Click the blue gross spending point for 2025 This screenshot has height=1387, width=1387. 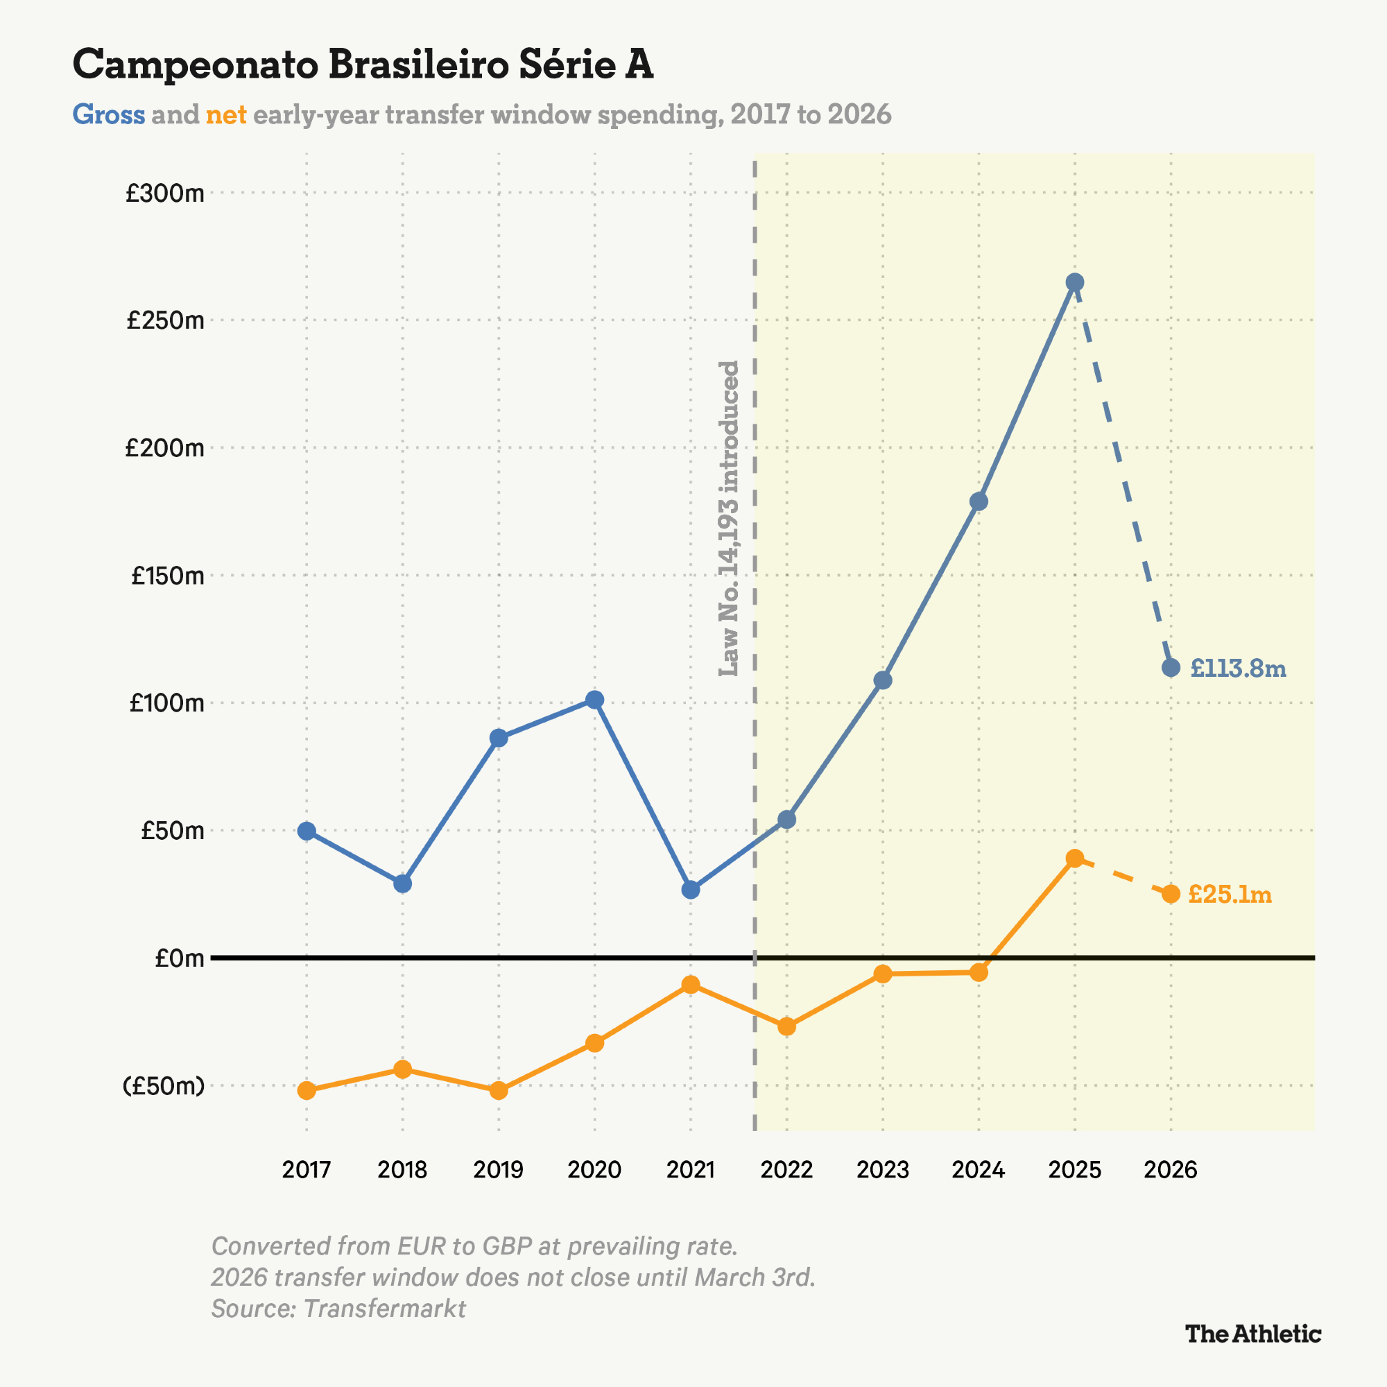1075,282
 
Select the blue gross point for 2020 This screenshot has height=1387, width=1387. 594,699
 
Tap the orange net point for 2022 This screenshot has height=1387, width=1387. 787,1026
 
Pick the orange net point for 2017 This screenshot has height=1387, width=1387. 307,1090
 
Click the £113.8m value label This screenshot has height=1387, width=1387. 1238,669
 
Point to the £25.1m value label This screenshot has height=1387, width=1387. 1230,895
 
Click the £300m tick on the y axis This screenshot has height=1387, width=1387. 165,193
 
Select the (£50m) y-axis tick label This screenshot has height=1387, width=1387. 164,1085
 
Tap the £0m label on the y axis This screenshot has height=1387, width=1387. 180,958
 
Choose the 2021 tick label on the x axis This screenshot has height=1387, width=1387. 691,1169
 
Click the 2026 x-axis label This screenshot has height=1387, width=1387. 1170,1169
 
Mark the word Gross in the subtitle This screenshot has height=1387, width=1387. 108,114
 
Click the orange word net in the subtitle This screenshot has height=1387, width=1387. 226,114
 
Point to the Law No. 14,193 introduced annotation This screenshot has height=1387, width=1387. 729,518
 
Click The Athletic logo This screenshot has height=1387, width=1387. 1252,1334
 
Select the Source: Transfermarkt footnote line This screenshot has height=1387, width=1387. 338,1308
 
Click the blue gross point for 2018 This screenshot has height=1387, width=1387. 403,884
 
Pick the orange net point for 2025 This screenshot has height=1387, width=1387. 1075,859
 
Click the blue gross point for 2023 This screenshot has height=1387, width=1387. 883,680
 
